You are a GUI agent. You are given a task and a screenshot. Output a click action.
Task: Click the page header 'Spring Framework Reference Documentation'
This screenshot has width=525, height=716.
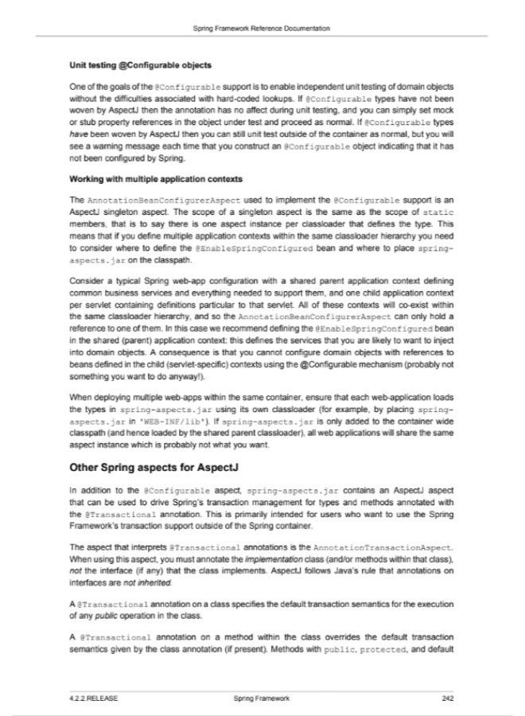pyautogui.click(x=262, y=28)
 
